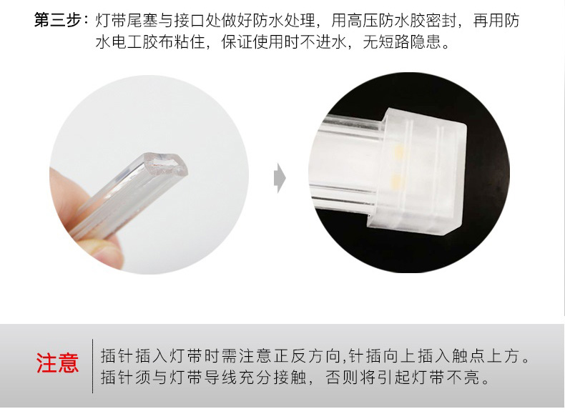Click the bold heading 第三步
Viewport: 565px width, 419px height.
click(x=57, y=20)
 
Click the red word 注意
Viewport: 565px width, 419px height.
click(x=57, y=363)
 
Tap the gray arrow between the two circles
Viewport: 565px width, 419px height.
click(x=280, y=177)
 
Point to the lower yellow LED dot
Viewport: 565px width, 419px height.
click(x=396, y=179)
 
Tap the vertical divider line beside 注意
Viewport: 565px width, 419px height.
click(x=92, y=366)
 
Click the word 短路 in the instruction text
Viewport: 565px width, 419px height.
click(x=394, y=42)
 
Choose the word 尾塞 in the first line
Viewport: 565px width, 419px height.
click(x=142, y=21)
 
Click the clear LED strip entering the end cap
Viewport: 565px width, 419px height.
click(x=347, y=162)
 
